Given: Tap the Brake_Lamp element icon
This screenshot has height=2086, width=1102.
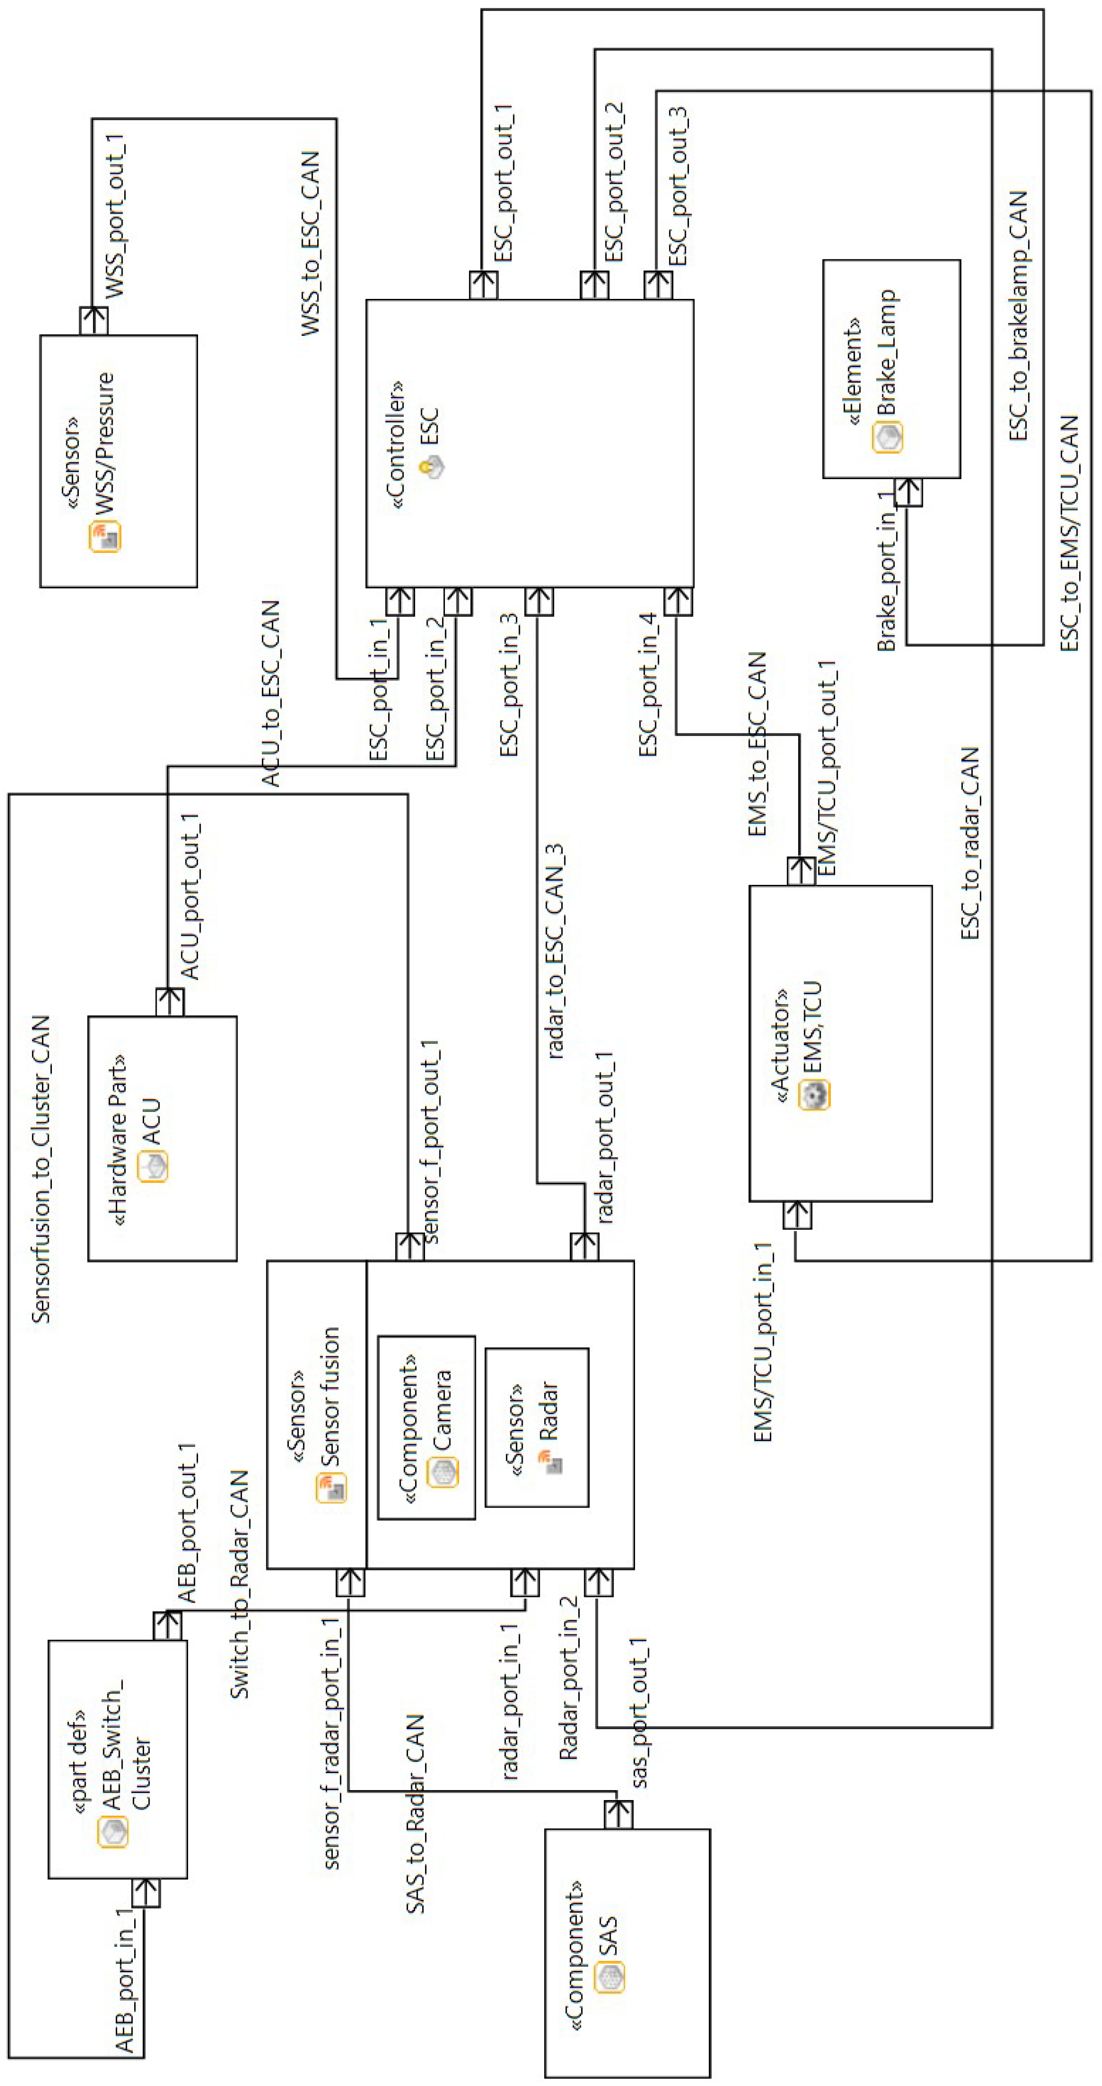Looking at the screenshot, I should point(888,437).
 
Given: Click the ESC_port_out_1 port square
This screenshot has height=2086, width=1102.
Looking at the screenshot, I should point(483,285).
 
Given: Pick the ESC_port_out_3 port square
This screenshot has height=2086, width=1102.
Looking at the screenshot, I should point(658,285).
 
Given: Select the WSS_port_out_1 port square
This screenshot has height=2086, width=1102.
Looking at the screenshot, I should point(94,321).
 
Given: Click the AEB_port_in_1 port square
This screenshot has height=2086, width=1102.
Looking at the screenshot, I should point(146,1893).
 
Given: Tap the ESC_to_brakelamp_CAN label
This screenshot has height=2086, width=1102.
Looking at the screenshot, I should point(1018,316).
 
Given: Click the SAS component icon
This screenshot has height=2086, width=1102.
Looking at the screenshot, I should point(610,1977).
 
